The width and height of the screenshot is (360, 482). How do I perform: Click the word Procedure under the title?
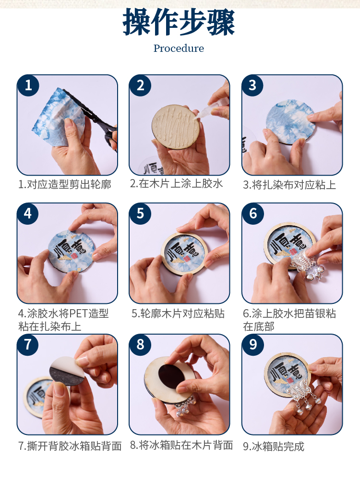(179, 48)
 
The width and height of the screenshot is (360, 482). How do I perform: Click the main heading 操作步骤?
(179, 22)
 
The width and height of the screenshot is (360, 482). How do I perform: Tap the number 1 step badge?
(28, 85)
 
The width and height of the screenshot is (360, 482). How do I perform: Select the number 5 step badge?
(140, 213)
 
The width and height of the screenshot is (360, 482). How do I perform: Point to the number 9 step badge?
(253, 345)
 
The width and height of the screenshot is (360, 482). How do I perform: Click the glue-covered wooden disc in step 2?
(176, 127)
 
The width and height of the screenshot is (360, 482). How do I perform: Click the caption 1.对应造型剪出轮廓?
(65, 184)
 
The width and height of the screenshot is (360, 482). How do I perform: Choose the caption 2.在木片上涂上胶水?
(177, 183)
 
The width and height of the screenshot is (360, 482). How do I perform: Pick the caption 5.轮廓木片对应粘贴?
(178, 313)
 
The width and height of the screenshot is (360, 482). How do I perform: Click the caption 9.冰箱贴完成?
(274, 446)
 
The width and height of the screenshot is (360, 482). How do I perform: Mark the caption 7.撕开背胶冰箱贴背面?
(70, 446)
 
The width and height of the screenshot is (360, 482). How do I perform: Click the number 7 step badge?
(28, 345)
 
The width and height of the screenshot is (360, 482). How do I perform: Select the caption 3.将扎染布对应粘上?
(289, 184)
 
